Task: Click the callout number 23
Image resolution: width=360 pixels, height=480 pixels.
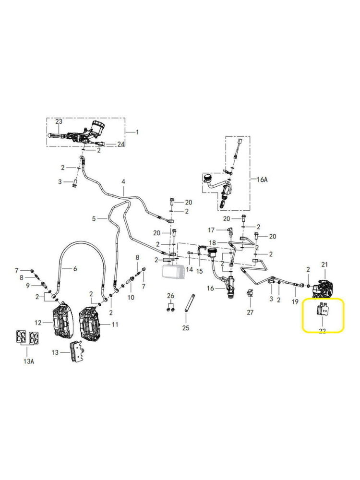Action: click(x=59, y=122)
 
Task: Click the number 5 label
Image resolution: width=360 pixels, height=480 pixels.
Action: click(x=94, y=218)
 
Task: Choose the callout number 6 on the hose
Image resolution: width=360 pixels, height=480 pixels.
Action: click(x=75, y=269)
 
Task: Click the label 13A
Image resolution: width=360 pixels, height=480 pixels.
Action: click(x=28, y=360)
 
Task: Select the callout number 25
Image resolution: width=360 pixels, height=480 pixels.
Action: click(x=186, y=328)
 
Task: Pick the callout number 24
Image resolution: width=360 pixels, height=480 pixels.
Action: click(x=120, y=144)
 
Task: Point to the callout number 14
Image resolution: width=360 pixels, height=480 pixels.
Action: click(x=189, y=270)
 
